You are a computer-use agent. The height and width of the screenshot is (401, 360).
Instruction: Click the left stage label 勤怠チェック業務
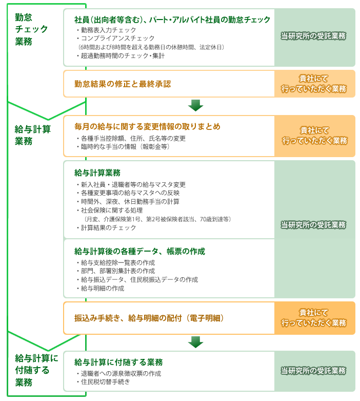click(31, 29)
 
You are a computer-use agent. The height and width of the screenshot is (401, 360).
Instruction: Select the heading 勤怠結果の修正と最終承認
click(123, 84)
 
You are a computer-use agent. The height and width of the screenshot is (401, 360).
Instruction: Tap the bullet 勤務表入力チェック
click(106, 30)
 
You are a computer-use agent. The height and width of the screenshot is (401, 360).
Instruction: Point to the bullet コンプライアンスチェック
click(115, 39)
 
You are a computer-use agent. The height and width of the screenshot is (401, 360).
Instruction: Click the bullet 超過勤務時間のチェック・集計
click(121, 56)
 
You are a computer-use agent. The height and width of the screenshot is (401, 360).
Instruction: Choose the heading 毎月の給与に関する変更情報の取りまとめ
click(147, 126)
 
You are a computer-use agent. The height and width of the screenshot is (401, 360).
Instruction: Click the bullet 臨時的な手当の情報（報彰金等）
click(123, 147)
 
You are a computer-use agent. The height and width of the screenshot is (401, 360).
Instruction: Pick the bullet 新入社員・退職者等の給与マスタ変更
click(131, 185)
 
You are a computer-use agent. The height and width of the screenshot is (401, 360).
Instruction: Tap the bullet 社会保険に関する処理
click(110, 211)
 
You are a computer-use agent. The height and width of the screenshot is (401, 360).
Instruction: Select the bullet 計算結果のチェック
click(106, 227)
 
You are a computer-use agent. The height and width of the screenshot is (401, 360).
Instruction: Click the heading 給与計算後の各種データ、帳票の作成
click(139, 252)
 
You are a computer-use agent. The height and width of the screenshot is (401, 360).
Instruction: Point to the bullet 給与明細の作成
click(101, 289)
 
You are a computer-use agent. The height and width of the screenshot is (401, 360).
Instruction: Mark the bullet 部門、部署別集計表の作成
click(116, 271)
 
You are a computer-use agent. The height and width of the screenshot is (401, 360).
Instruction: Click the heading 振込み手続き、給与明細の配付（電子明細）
click(149, 318)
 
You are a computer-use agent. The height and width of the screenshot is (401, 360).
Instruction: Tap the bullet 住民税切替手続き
click(103, 382)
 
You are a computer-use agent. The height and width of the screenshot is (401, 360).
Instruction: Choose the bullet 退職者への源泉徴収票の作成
click(119, 374)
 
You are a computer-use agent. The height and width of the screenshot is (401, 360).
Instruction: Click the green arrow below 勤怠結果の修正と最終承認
click(196, 105)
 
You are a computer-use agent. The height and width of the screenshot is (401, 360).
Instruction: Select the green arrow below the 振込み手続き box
click(196, 342)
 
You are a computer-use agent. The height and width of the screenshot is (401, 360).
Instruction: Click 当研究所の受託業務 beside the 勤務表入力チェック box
click(313, 36)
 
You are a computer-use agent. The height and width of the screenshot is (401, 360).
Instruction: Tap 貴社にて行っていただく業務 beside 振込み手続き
click(314, 318)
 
